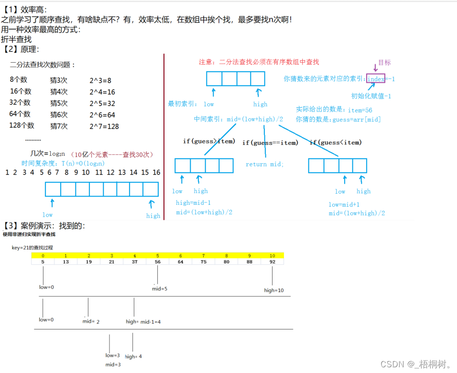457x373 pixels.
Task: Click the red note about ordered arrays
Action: [259, 62]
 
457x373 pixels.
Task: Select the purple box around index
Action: [376, 78]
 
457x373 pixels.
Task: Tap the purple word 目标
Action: [384, 63]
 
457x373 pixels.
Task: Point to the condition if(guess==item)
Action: [270, 143]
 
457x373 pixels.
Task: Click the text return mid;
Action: [264, 164]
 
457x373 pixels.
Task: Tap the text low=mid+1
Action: [344, 204]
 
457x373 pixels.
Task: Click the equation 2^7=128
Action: [104, 126]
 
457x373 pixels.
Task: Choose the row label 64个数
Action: [20, 114]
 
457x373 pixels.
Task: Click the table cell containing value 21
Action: [111, 262]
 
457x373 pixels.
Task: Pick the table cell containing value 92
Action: [272, 262]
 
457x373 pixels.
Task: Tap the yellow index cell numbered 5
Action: [157, 255]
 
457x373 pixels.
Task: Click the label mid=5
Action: [160, 289]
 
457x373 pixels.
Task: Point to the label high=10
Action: [274, 290]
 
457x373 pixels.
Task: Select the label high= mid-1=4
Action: [143, 322]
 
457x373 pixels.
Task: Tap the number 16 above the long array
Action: [156, 172]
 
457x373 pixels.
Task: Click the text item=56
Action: [360, 110]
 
